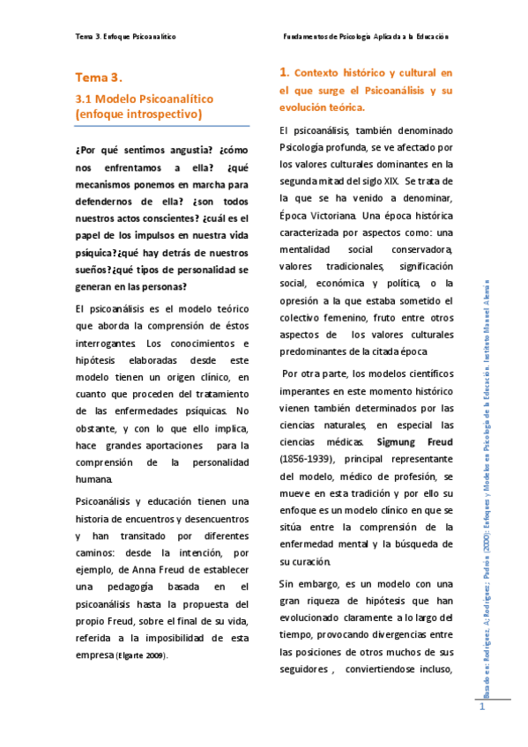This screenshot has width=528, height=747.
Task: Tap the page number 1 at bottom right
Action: click(483, 709)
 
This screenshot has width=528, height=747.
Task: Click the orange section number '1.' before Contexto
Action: click(284, 72)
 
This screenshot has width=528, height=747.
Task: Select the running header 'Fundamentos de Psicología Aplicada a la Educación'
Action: click(366, 37)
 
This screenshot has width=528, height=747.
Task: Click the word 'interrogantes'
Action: click(106, 344)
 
